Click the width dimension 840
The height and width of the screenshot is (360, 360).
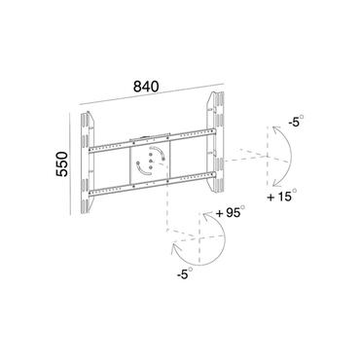[x=148, y=85]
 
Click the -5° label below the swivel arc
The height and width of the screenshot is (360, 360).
[x=182, y=275]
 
